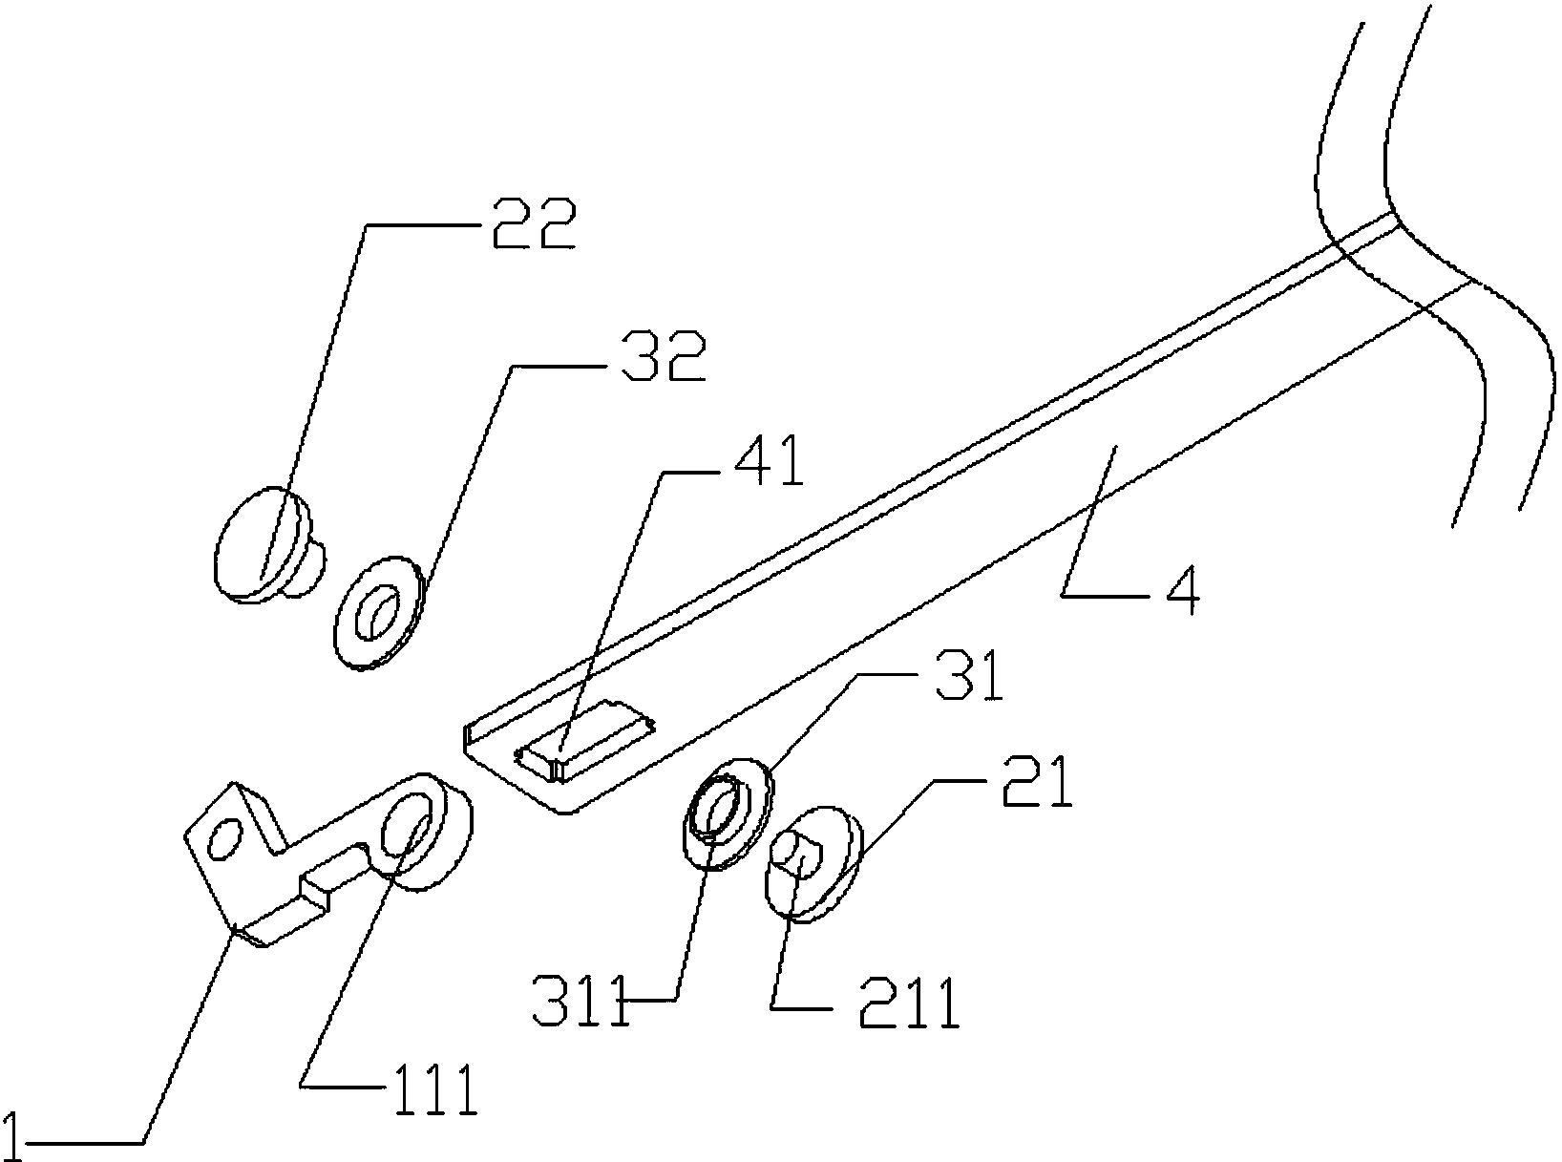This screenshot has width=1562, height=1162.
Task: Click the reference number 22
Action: (x=535, y=223)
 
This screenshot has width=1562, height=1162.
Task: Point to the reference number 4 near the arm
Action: (x=1182, y=589)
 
